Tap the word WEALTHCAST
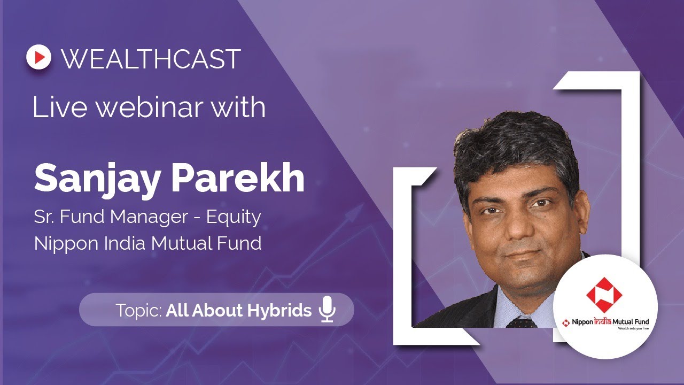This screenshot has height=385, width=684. tap(151, 59)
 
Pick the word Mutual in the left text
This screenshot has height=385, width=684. tap(177, 243)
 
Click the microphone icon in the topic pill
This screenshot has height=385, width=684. tap(327, 310)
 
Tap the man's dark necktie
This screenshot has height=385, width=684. tap(522, 322)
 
